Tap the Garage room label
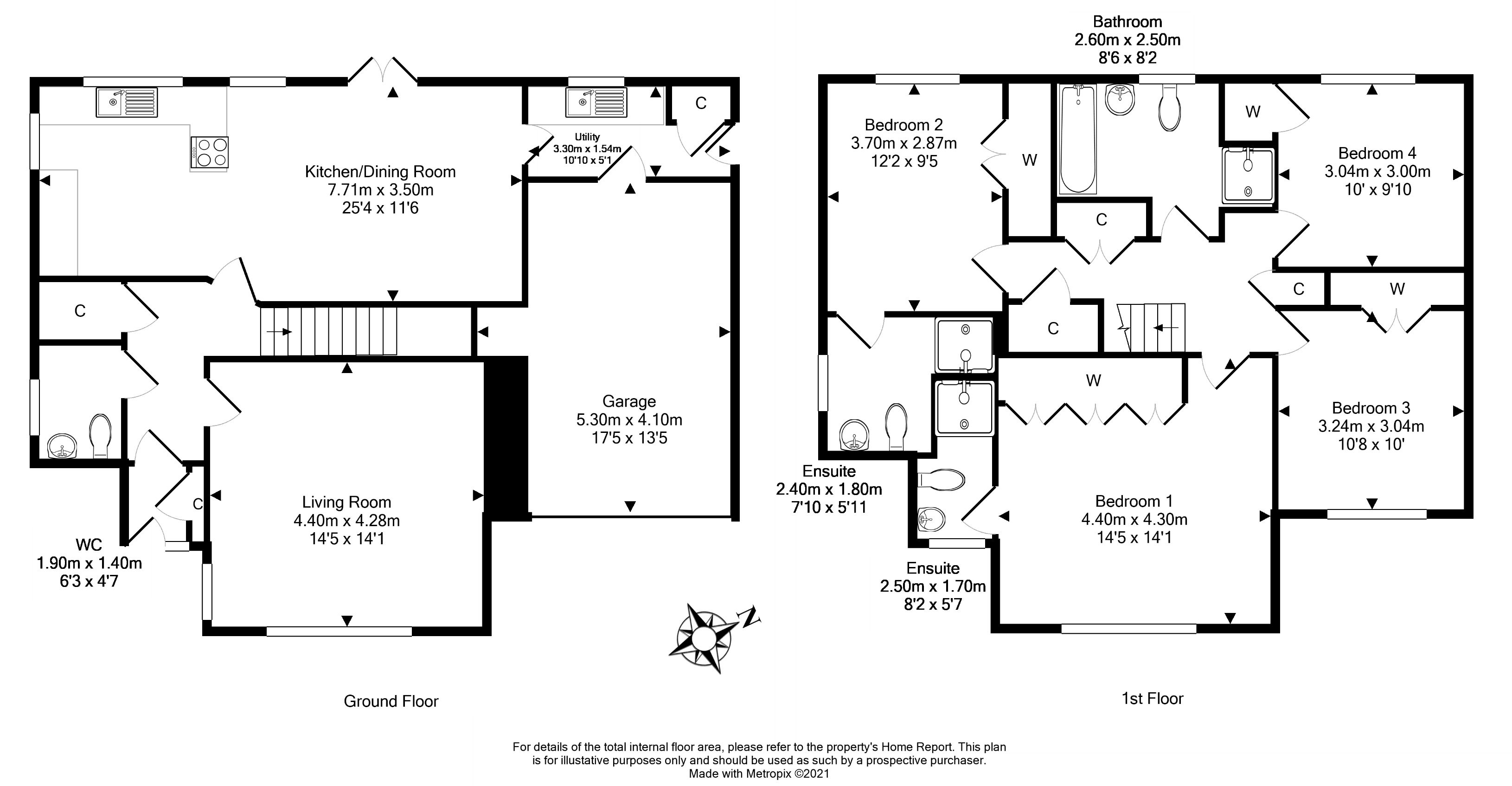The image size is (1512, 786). click(x=628, y=401)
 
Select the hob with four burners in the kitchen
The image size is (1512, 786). click(x=210, y=152)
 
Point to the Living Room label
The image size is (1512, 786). click(x=346, y=502)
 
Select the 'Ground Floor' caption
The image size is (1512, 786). click(x=391, y=701)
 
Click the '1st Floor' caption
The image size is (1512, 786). click(x=1152, y=698)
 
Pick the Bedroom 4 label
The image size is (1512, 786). click(x=1377, y=153)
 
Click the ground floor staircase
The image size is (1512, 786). click(x=329, y=332)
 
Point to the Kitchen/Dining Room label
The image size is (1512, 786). click(x=380, y=171)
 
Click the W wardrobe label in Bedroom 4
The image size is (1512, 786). click(x=1253, y=111)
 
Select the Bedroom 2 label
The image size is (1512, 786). click(x=903, y=125)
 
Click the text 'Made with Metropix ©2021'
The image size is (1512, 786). click(x=759, y=773)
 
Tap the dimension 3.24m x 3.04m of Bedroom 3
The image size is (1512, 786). click(x=1371, y=426)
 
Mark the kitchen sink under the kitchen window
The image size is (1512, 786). click(x=127, y=102)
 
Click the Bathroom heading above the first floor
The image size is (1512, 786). click(x=1127, y=22)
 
